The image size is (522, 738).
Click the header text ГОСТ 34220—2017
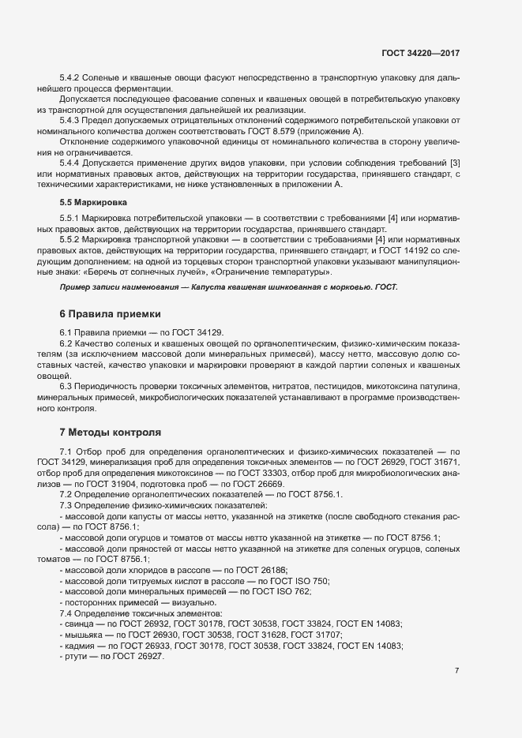click(x=419, y=54)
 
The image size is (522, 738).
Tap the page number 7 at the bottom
click(x=456, y=671)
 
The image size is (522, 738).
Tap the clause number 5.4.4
click(x=73, y=163)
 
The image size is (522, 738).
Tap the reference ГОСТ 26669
click(x=265, y=483)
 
